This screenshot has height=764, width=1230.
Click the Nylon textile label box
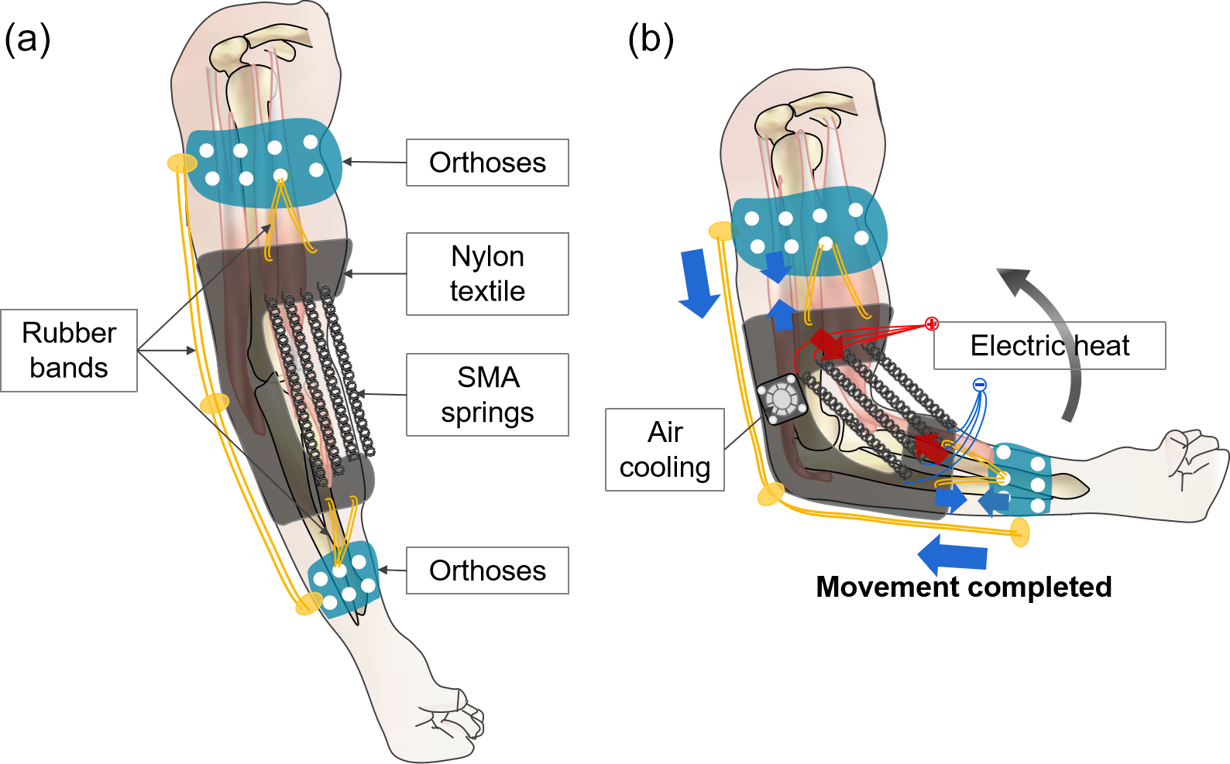click(x=487, y=274)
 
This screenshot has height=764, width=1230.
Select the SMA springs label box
click(x=487, y=395)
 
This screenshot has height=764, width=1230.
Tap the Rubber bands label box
click(x=69, y=351)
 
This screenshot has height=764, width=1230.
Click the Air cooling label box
click(x=665, y=450)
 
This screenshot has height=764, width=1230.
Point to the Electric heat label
click(x=1050, y=345)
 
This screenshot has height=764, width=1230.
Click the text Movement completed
click(x=964, y=587)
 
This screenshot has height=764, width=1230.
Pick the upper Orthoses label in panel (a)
click(x=487, y=163)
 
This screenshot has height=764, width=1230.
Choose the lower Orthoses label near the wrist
click(x=487, y=570)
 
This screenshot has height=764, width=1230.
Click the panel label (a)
click(x=28, y=39)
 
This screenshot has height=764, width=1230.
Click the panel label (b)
click(x=651, y=39)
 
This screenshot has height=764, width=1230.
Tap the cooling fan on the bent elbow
click(x=781, y=399)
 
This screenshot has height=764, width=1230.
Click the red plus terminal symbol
click(x=932, y=324)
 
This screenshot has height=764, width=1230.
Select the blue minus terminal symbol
click(x=980, y=385)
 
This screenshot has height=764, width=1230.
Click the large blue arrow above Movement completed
click(x=953, y=554)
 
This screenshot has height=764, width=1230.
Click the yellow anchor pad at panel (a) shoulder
click(x=182, y=163)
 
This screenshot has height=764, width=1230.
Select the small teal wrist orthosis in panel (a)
click(x=344, y=580)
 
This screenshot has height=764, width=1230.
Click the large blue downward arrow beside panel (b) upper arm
click(x=699, y=283)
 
